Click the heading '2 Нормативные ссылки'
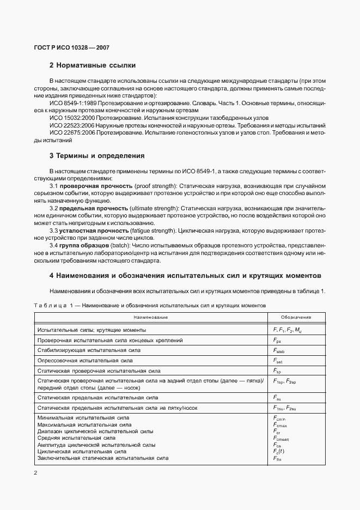coord(92,65)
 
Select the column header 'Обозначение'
coord(296,317)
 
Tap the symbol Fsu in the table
coord(277,398)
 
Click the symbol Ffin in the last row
coord(277,458)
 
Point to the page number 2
coord(36,472)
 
